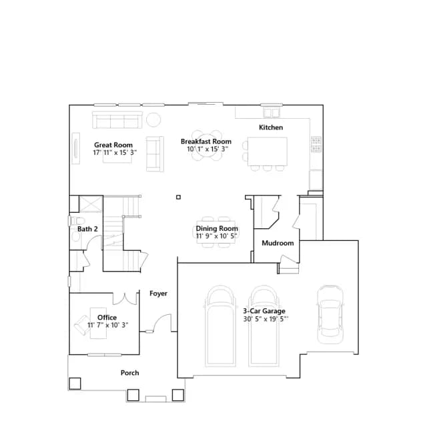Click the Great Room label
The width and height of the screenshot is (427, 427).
(113, 145)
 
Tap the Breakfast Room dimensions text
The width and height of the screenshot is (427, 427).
(207, 149)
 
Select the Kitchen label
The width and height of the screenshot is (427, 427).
(271, 127)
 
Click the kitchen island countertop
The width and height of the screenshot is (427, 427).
(267, 151)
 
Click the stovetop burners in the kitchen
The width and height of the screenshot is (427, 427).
(316, 144)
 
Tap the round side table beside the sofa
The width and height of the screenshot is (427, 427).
(153, 119)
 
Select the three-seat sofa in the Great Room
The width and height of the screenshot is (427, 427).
(117, 120)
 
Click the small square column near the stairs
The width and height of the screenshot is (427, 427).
(178, 197)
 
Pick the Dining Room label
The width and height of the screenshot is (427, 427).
(217, 228)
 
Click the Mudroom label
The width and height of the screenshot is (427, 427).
(278, 243)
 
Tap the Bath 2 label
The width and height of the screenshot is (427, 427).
(87, 229)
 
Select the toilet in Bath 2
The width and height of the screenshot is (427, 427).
(77, 221)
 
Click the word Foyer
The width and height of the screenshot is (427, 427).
(159, 294)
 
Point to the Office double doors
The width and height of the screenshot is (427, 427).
(125, 299)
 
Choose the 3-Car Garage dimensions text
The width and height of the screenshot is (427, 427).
(266, 319)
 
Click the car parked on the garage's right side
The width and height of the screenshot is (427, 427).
(330, 314)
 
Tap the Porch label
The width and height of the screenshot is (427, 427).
(129, 373)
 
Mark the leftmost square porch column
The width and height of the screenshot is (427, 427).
(75, 384)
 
